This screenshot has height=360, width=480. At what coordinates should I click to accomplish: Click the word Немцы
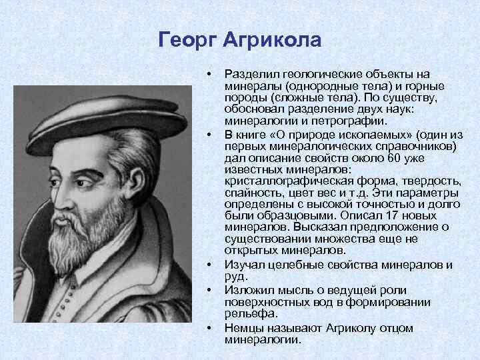244,328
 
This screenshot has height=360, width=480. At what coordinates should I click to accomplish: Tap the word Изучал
245,265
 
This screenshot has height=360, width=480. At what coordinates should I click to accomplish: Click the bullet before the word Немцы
209,328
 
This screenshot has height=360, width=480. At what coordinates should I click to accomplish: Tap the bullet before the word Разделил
209,72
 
